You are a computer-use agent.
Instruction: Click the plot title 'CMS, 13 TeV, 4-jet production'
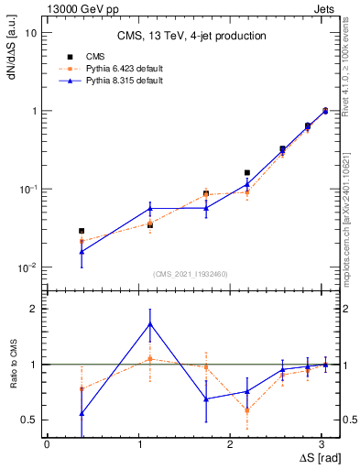click(x=191, y=37)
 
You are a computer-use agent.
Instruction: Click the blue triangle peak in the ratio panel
click(x=150, y=324)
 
